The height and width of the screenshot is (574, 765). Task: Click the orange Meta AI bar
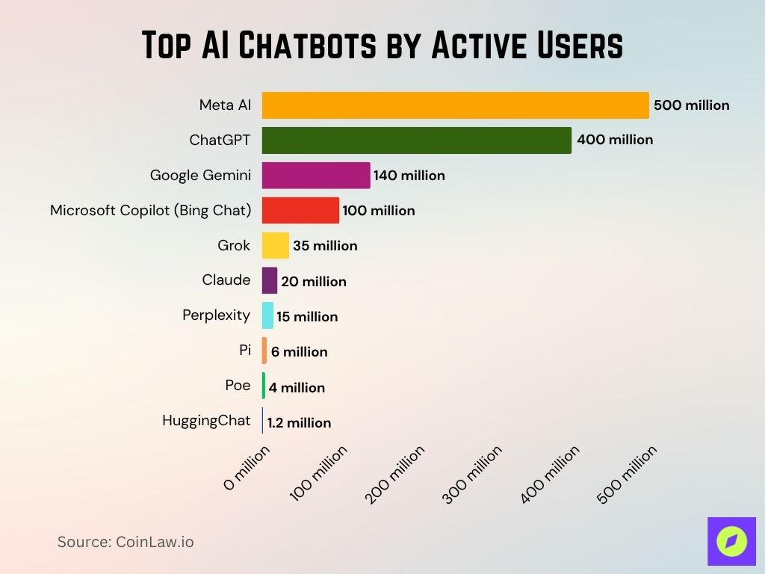tap(455, 105)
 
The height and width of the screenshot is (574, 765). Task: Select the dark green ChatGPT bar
tap(416, 140)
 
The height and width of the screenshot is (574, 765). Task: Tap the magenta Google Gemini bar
tap(315, 176)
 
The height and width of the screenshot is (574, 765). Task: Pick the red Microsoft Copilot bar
tap(300, 211)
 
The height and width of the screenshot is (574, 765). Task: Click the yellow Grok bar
tap(275, 245)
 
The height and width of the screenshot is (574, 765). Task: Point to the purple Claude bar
tap(269, 281)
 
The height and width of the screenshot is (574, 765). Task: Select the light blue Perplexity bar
tap(267, 316)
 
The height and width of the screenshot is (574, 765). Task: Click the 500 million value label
tap(691, 105)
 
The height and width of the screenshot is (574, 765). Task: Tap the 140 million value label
tap(409, 176)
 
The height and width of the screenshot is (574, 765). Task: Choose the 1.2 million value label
tap(299, 423)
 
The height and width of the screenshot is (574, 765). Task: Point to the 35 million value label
tap(325, 246)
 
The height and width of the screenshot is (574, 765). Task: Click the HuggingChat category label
tap(206, 421)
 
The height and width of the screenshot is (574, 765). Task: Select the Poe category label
tap(238, 386)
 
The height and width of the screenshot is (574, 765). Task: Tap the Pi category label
tap(244, 351)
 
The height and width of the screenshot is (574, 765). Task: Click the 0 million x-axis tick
tap(247, 469)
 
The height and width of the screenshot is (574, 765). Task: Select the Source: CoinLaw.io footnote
tap(126, 542)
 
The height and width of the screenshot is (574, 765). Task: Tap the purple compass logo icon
tap(731, 541)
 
